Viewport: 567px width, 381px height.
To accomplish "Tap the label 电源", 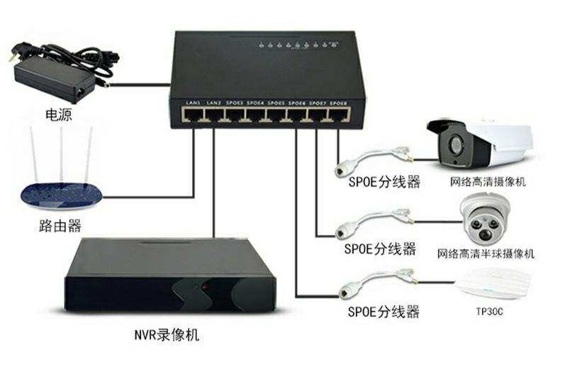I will tap(58, 113).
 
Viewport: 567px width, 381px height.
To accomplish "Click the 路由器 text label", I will tap(60, 225).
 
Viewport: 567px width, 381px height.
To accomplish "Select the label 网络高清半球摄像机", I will tap(485, 253).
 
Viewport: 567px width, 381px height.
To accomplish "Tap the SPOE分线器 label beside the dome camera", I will tap(381, 249).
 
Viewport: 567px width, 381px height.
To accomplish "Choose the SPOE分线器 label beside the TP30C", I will tap(383, 311).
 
